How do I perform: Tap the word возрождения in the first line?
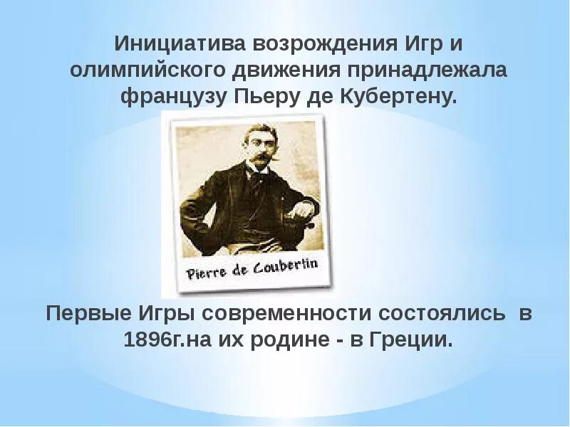point(311,44)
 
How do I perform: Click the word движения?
point(287,70)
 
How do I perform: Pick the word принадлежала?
point(427,70)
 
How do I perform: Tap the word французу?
point(173,97)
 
